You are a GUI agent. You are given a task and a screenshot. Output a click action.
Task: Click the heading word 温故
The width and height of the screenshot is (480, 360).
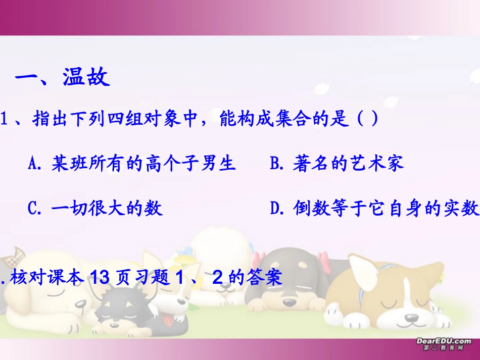pos(86,78)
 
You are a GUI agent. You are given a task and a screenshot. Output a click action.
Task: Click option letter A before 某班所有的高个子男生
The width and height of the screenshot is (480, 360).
pos(35,164)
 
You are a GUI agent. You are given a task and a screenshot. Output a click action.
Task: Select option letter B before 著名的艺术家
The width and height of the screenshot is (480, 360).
pos(275,164)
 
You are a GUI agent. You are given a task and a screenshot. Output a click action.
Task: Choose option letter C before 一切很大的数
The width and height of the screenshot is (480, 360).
pos(35,208)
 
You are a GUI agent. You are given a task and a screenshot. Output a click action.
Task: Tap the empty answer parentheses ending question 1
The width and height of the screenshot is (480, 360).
pos(368,120)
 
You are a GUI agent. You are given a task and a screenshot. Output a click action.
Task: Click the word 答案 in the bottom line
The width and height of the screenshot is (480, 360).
pos(266,277)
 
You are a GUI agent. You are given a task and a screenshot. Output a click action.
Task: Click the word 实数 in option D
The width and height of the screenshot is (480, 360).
pos(462,208)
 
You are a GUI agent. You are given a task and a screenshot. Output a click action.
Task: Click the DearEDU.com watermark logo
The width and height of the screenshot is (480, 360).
pos(443,344)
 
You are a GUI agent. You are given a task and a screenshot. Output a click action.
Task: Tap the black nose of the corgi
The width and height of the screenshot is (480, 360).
pos(411,319)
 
